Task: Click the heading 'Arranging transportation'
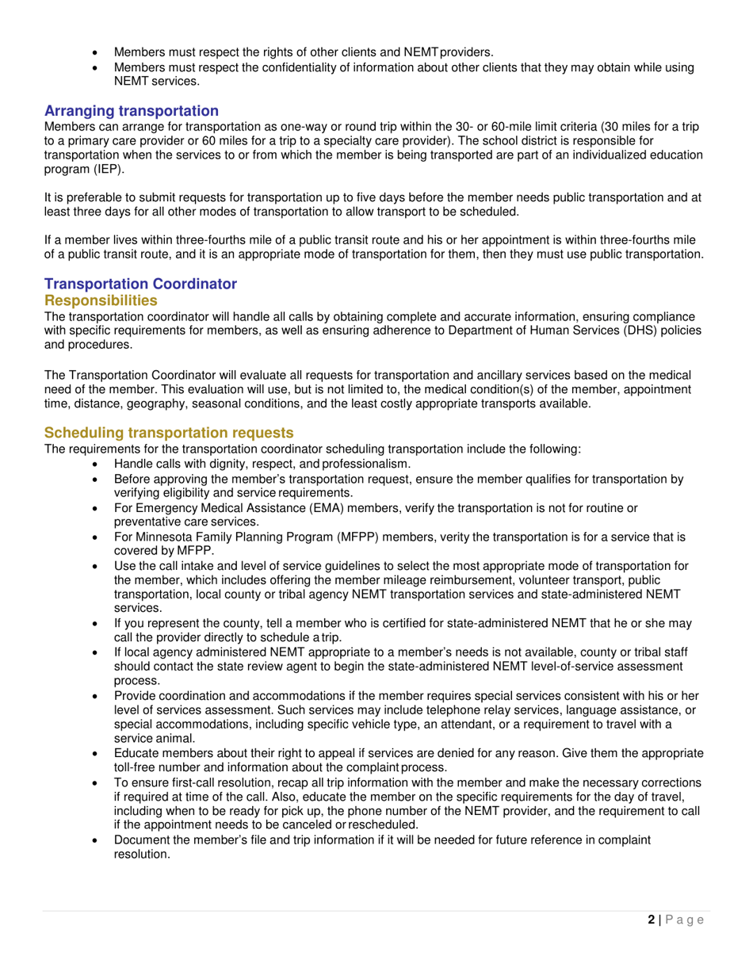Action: click(131, 110)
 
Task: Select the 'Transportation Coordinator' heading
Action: click(140, 284)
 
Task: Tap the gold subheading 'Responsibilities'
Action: click(101, 300)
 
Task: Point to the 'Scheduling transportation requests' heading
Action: click(169, 432)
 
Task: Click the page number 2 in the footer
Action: click(652, 920)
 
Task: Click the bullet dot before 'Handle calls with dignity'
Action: click(97, 463)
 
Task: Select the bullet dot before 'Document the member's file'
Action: click(97, 839)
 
